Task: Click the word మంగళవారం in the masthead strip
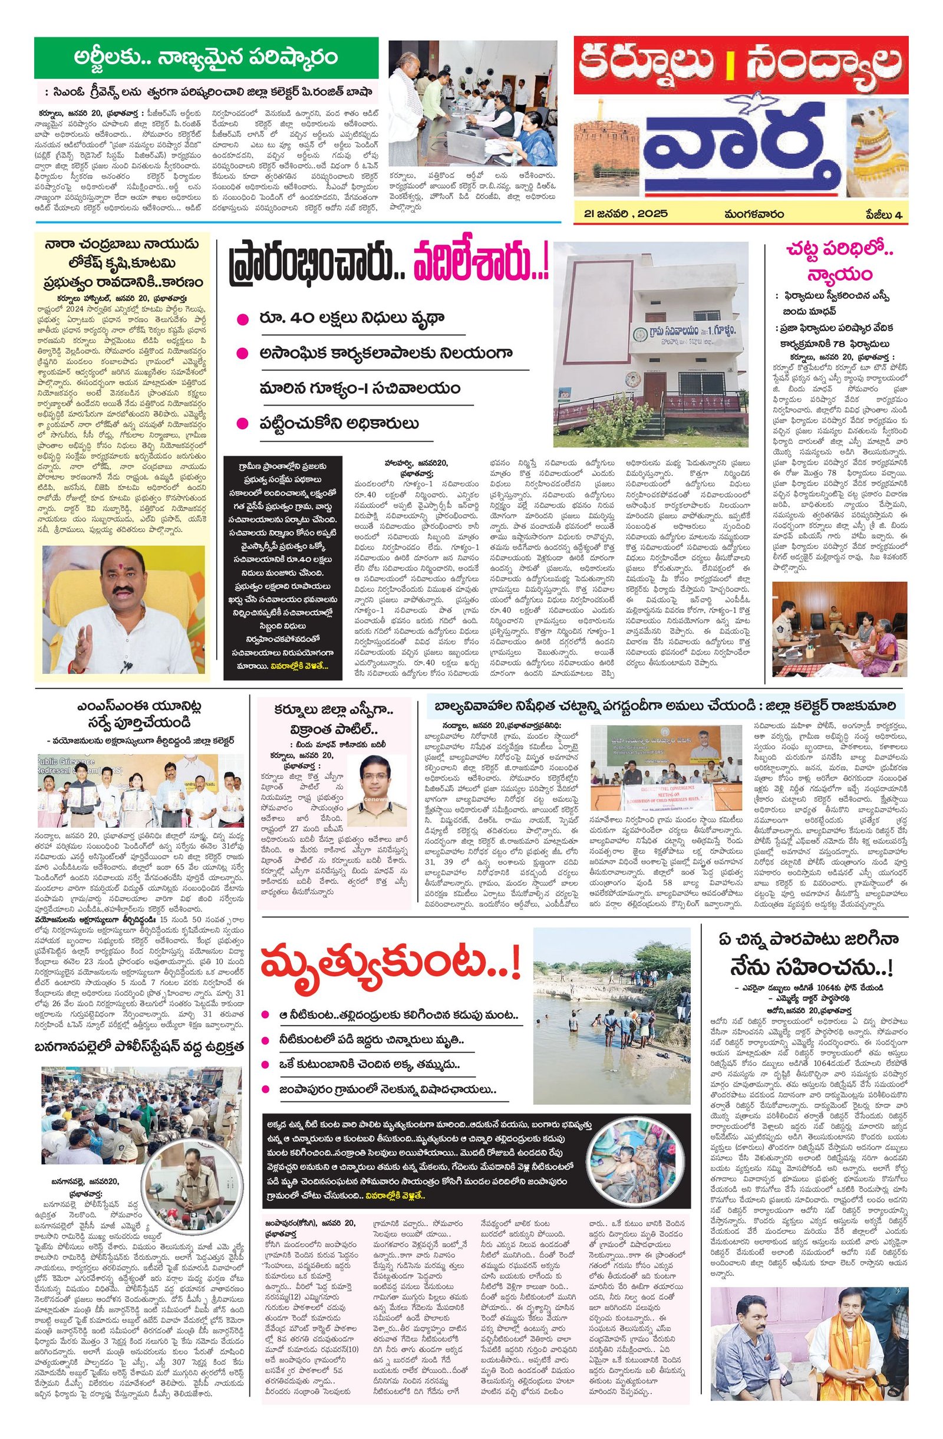click(x=756, y=214)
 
